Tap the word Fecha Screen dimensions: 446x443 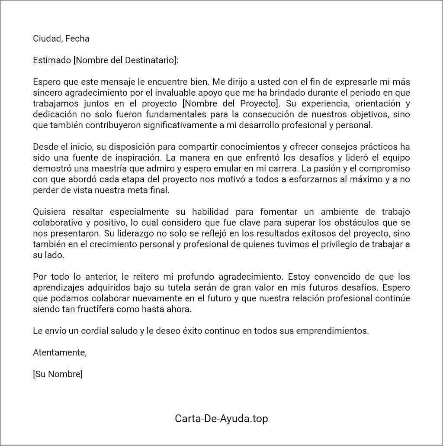tap(77, 39)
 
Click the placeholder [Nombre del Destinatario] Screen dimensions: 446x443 tap(126, 60)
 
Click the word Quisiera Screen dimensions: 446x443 tap(49, 212)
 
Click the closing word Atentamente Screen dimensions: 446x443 tap(60, 352)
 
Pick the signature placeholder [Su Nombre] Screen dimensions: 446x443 tap(58, 374)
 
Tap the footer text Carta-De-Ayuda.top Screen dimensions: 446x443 tap(221, 419)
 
